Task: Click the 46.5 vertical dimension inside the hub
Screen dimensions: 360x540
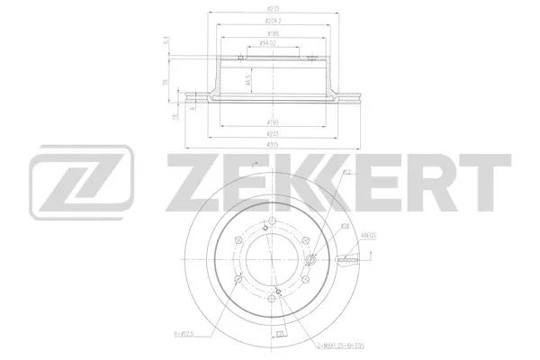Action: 248,80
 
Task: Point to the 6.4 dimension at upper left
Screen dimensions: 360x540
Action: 167,40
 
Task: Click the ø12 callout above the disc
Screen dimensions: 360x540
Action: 346,171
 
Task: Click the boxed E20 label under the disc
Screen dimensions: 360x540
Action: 280,335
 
